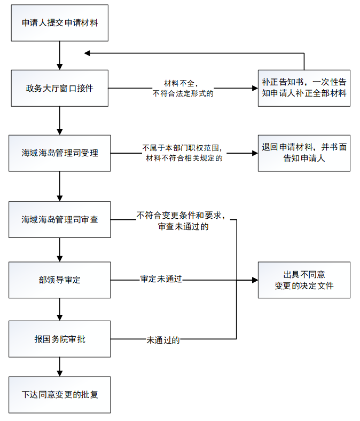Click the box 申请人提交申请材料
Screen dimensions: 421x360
point(60,23)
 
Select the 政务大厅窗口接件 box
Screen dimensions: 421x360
point(60,88)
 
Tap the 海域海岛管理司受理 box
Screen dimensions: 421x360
point(60,153)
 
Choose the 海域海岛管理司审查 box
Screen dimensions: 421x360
point(60,219)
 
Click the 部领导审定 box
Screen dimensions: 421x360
point(60,280)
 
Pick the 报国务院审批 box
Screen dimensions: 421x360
point(60,339)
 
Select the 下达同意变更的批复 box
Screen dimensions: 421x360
point(60,395)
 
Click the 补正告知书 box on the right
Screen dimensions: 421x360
point(304,88)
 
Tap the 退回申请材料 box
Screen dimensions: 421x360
point(304,153)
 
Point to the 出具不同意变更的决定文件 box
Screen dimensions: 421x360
point(304,280)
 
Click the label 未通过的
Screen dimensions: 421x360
point(163,339)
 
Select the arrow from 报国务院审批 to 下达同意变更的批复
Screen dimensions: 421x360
point(60,367)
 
